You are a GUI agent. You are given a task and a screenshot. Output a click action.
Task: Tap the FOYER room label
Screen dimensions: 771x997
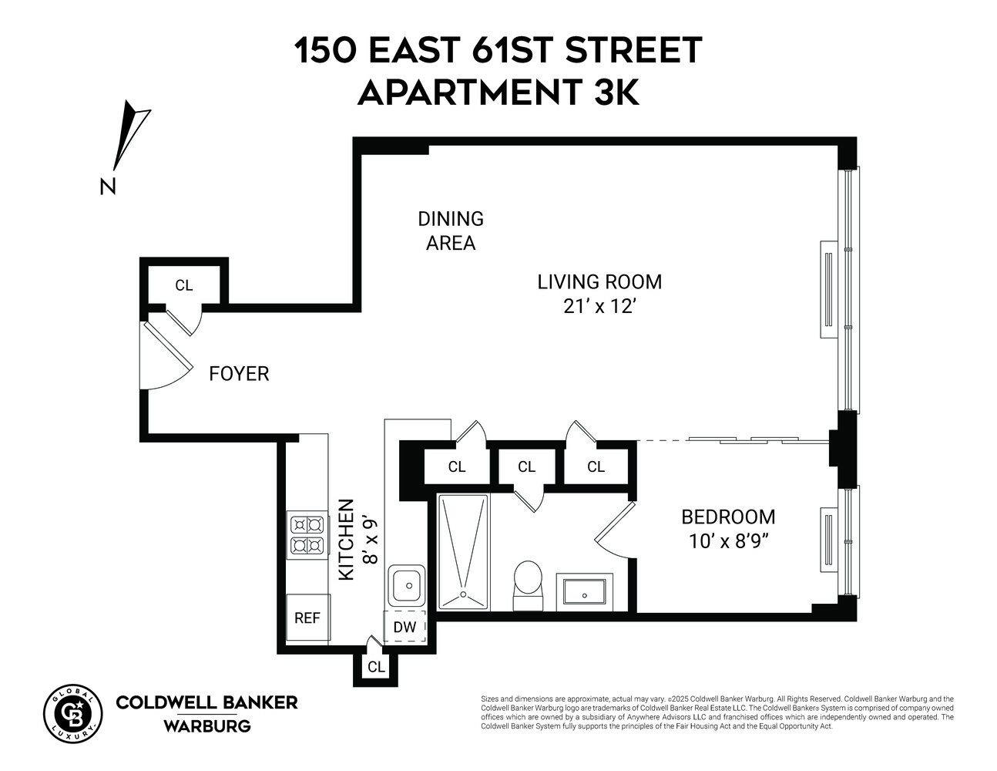tap(239, 374)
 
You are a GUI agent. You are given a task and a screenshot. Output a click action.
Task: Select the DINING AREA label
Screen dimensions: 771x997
tap(451, 231)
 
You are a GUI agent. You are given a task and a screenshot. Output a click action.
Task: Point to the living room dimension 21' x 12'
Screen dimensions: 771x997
tap(599, 306)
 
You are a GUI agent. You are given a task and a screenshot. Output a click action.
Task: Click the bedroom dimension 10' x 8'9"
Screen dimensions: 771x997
tap(729, 540)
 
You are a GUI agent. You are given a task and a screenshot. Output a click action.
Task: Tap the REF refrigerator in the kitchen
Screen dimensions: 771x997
tap(307, 618)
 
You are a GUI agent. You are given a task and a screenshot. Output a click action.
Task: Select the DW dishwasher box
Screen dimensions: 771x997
tap(405, 627)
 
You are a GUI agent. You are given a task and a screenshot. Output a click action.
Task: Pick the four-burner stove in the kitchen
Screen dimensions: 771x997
tap(307, 536)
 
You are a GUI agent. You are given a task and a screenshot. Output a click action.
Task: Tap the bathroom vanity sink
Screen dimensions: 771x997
tap(584, 592)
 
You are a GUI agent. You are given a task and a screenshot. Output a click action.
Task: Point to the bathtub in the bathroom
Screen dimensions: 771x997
tap(463, 551)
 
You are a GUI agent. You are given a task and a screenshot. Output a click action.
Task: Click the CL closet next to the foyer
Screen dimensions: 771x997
tap(183, 285)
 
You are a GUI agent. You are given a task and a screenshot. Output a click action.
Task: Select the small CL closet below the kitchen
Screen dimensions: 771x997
tap(376, 667)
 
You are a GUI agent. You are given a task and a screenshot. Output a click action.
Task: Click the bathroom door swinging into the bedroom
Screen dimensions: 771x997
tap(614, 528)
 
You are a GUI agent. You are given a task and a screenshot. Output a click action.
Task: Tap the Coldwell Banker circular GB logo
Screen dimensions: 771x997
tap(72, 713)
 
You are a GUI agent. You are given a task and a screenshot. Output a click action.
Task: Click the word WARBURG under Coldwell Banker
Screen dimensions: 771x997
tap(206, 726)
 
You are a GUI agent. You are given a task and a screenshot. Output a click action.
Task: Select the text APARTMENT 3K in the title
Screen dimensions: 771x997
tap(498, 93)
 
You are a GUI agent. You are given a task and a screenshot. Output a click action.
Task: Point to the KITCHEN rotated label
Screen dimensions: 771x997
tap(347, 540)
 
